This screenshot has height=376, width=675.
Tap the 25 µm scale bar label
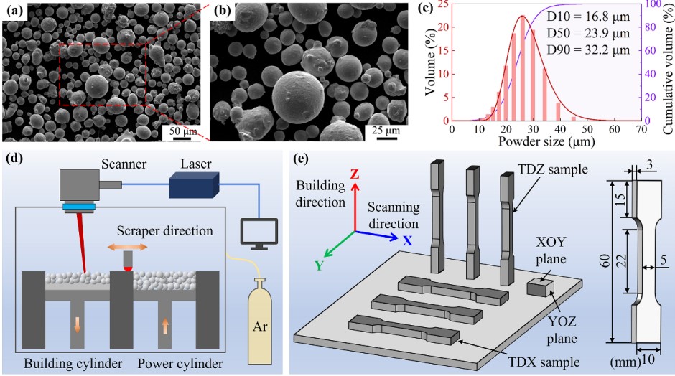click(x=386, y=131)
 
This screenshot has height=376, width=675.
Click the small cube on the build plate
click(x=540, y=288)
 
